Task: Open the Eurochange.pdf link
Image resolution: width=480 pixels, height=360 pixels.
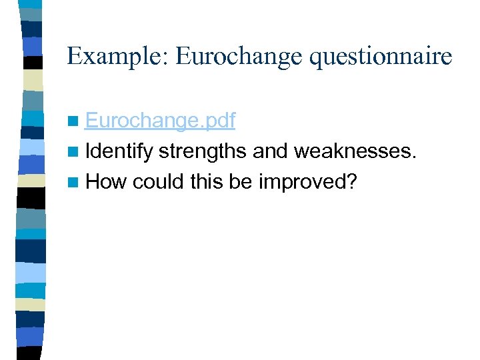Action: [x=160, y=121]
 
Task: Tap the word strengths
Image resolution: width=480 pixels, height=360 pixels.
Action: [x=203, y=151]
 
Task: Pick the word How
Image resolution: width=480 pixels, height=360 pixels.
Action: [x=106, y=181]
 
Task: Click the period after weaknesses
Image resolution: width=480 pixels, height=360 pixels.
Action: [x=415, y=157]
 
